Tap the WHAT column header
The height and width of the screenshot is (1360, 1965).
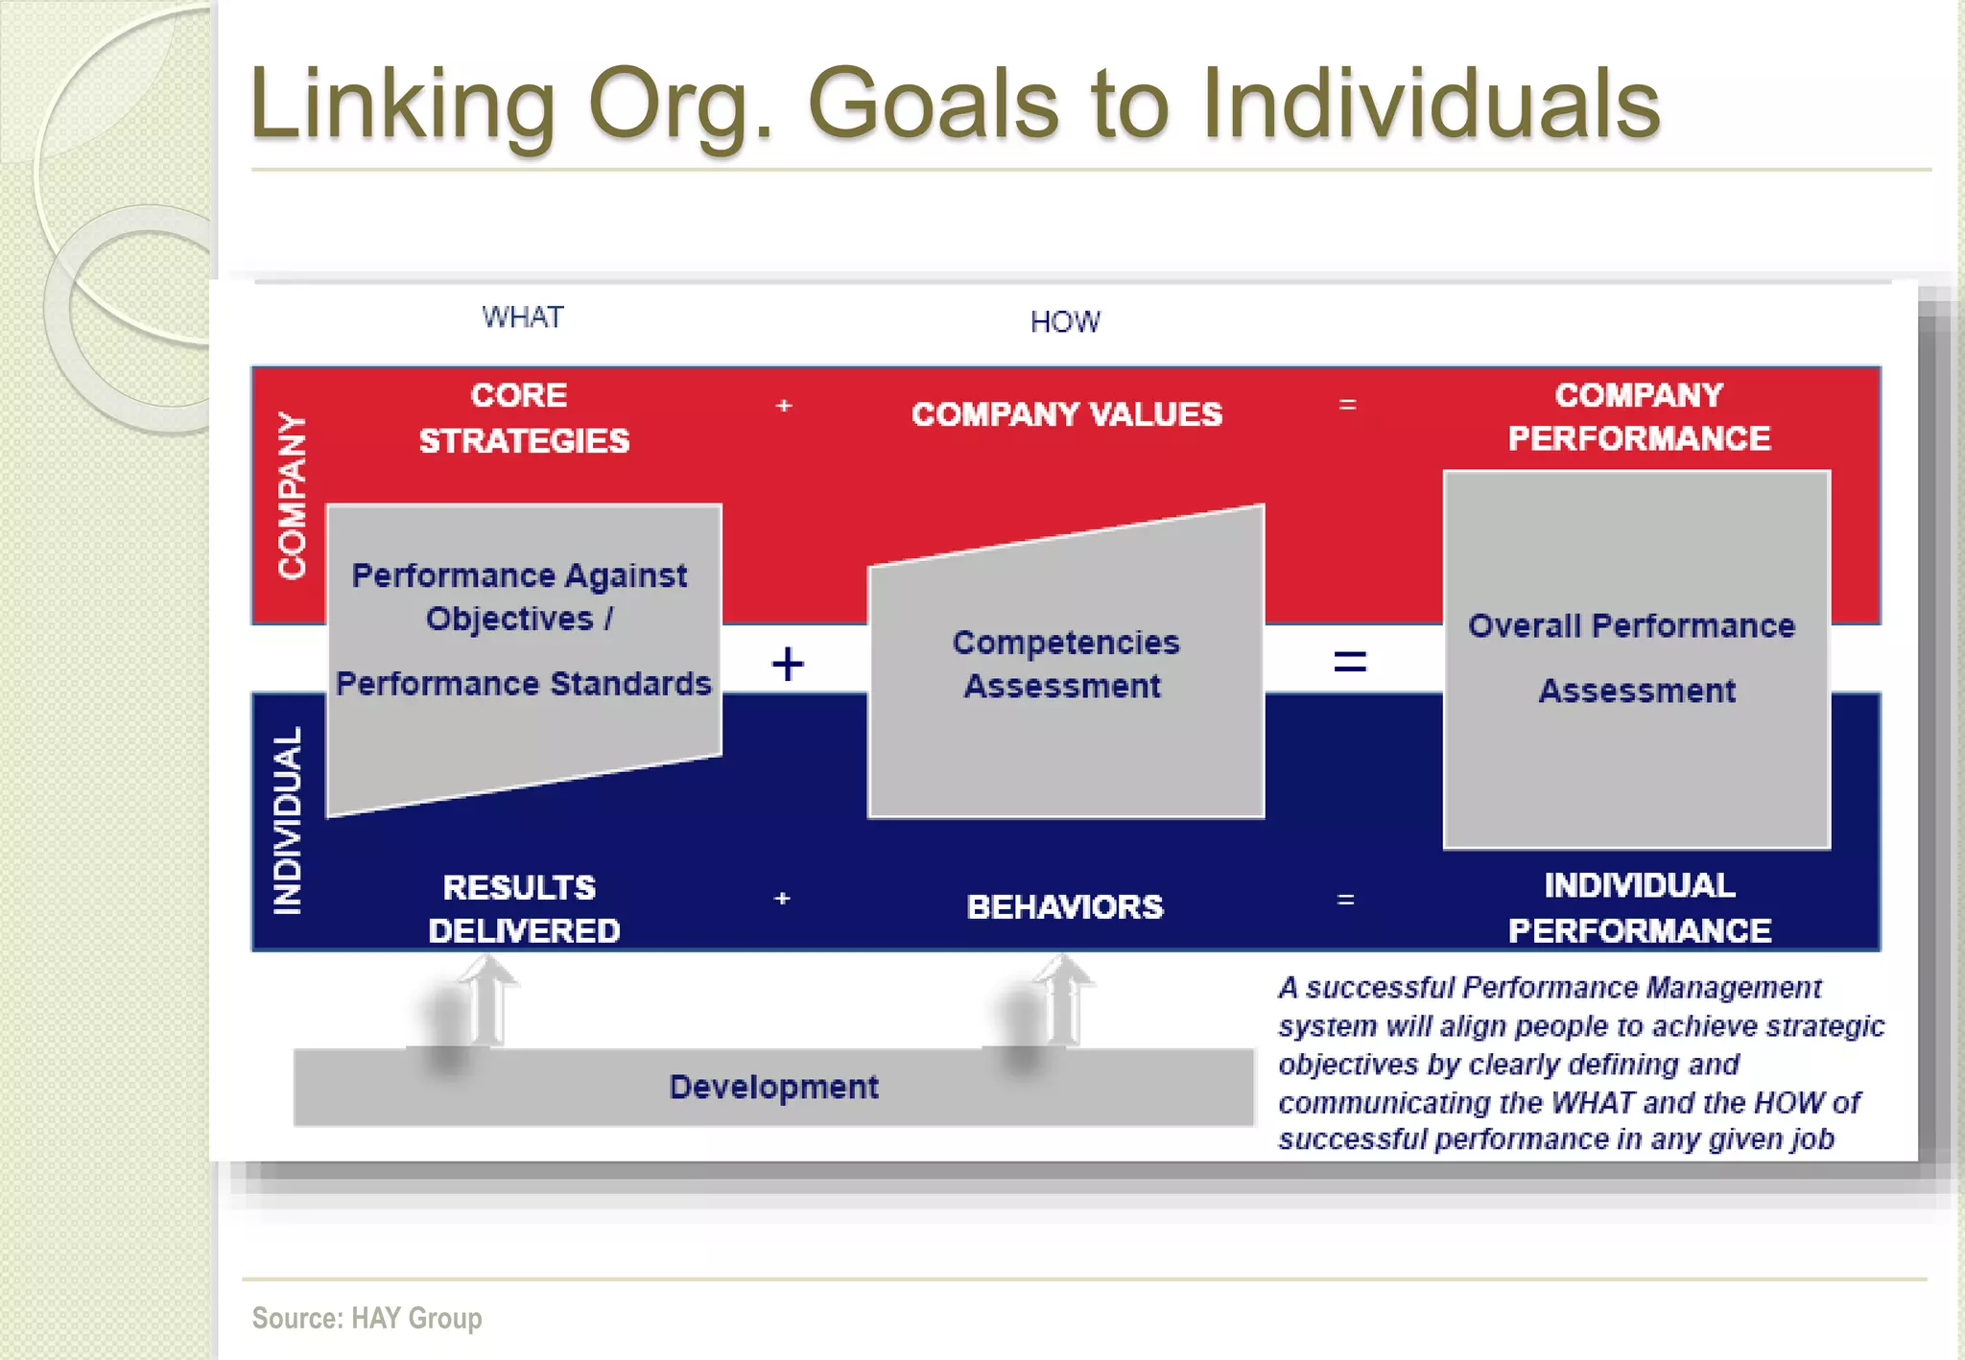coord(523,317)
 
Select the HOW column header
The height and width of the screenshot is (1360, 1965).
coord(1065,322)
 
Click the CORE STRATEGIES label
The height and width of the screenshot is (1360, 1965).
coord(523,418)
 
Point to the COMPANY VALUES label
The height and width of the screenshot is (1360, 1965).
coord(1066,414)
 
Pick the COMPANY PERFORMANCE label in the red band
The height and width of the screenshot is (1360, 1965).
coord(1639,416)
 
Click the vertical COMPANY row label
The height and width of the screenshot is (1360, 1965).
coord(292,496)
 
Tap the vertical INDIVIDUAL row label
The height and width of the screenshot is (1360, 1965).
coord(289,821)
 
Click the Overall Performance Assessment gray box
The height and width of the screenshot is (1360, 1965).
coord(1636,659)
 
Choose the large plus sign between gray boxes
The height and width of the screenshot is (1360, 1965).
coord(788,664)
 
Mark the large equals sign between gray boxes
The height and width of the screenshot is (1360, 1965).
coord(1350,661)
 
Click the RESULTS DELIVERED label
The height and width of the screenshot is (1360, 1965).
coord(523,908)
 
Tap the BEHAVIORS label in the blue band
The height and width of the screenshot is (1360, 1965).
coord(1065,906)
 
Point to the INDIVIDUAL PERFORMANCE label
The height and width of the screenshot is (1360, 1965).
coord(1639,907)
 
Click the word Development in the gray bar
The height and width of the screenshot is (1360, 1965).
coord(773,1087)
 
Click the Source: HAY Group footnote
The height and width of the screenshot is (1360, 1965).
coord(367,1318)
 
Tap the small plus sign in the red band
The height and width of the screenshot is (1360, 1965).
coord(784,406)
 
